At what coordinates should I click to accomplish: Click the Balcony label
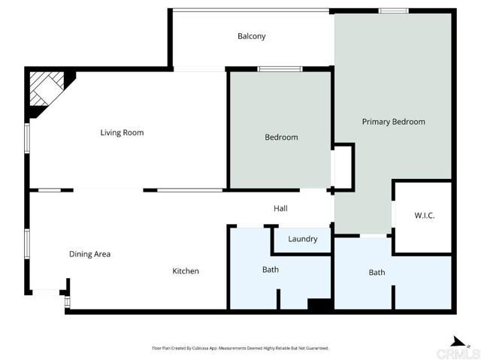pyautogui.click(x=251, y=36)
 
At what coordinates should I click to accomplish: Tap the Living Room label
pyautogui.click(x=122, y=133)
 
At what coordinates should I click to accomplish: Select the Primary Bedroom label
pyautogui.click(x=393, y=122)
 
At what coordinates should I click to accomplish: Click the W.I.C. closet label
pyautogui.click(x=425, y=216)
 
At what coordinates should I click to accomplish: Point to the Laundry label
pyautogui.click(x=302, y=240)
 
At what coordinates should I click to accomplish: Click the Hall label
pyautogui.click(x=280, y=209)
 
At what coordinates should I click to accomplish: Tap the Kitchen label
pyautogui.click(x=186, y=271)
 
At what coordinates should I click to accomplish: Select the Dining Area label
pyautogui.click(x=89, y=254)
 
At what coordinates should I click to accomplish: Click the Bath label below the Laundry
pyautogui.click(x=271, y=270)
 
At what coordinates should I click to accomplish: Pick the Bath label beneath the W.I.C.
pyautogui.click(x=377, y=272)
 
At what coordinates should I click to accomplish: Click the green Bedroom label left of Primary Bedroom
pyautogui.click(x=281, y=138)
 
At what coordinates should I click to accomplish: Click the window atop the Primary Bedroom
pyautogui.click(x=393, y=11)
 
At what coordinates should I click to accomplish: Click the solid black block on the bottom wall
pyautogui.click(x=319, y=304)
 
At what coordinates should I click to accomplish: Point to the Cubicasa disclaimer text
pyautogui.click(x=240, y=348)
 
